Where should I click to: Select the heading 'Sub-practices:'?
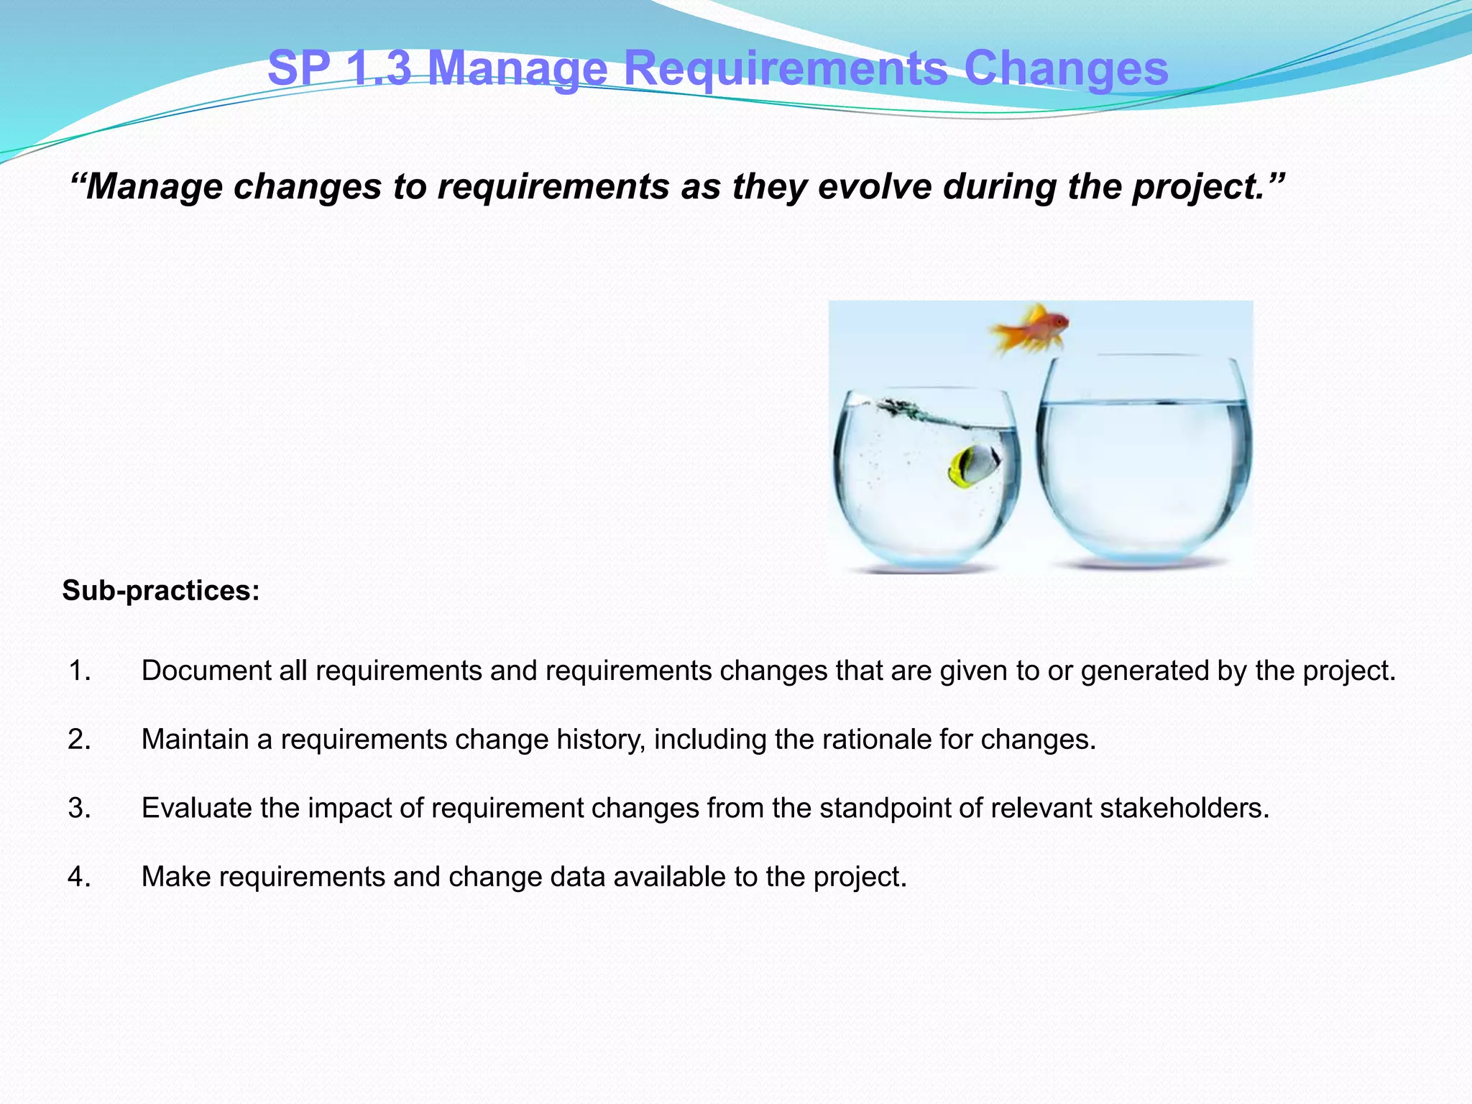tap(161, 591)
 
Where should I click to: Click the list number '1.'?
tap(80, 671)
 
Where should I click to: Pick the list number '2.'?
tap(80, 740)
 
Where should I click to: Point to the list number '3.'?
tap(80, 809)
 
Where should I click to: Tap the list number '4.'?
tap(80, 877)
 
